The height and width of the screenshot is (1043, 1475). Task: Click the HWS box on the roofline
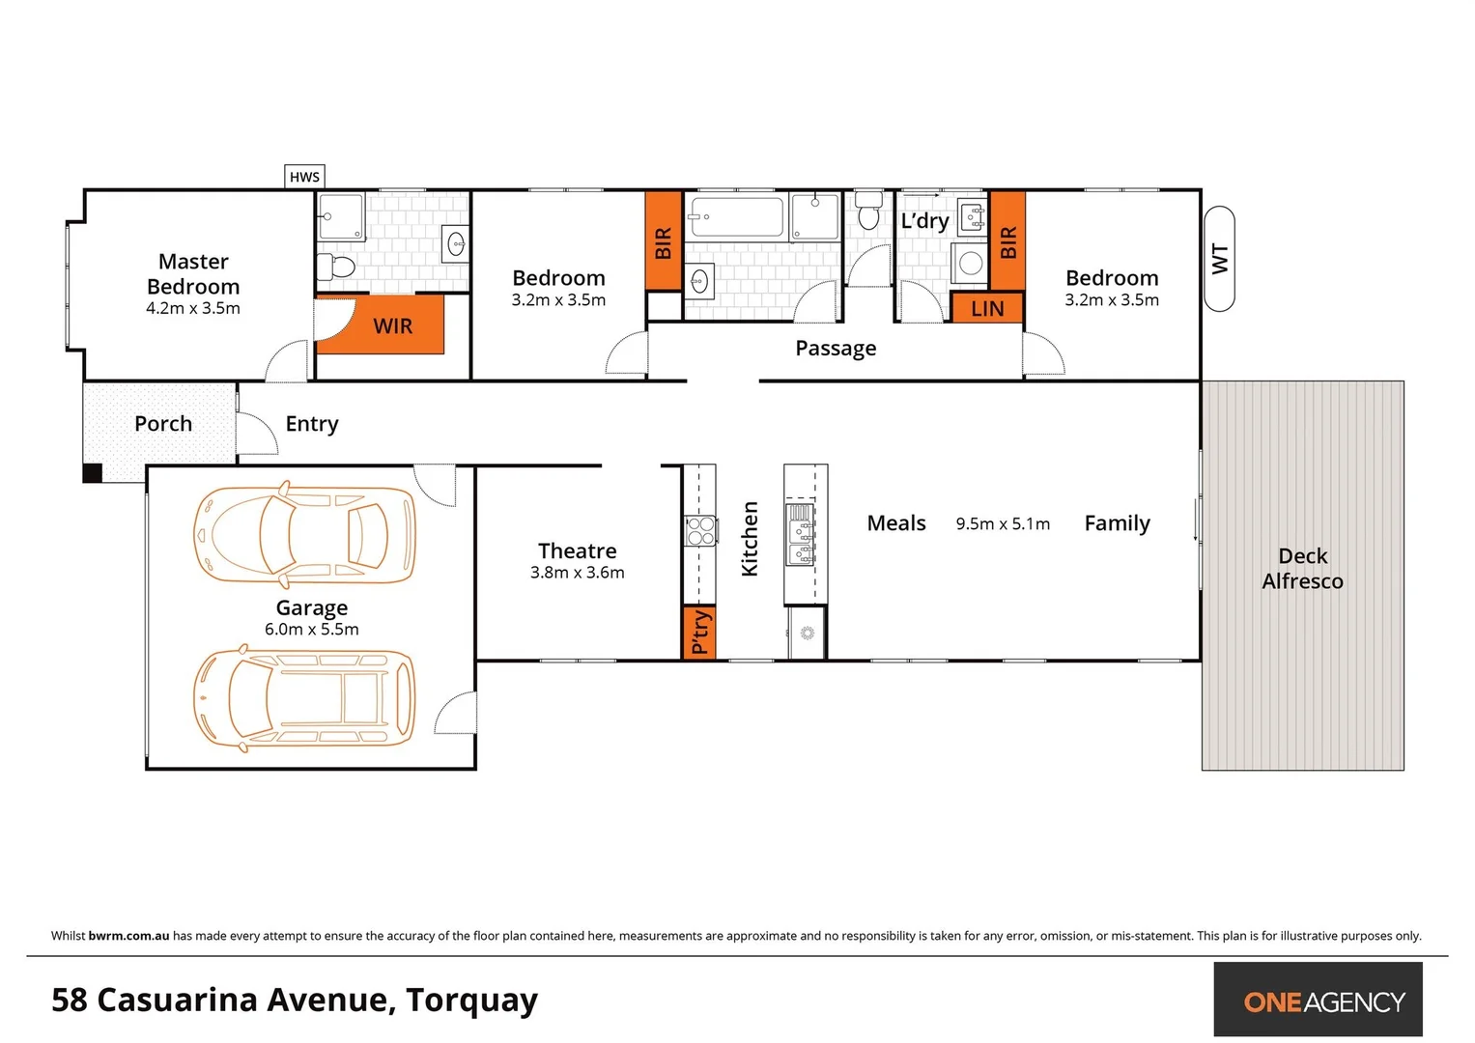tap(304, 177)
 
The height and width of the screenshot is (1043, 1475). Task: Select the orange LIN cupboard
tap(986, 308)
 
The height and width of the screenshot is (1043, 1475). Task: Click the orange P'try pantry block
tap(699, 632)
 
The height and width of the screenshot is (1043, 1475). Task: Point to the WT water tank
tap(1219, 259)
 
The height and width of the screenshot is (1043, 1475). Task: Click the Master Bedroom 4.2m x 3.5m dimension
tap(193, 309)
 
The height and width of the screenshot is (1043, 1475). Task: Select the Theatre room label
tap(577, 550)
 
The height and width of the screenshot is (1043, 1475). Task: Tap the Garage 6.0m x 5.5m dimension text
tap(311, 630)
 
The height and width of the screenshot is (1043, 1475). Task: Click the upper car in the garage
tap(304, 535)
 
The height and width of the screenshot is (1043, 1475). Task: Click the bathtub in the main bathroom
tap(736, 217)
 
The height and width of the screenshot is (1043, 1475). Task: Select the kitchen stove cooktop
tap(699, 530)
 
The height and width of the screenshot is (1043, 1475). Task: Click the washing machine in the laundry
tap(969, 263)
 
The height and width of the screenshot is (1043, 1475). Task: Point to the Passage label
tap(836, 348)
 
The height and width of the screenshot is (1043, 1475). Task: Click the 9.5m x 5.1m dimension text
tap(1003, 523)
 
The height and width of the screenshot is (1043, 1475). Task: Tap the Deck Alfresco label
tap(1302, 569)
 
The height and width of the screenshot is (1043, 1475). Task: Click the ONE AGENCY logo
tap(1323, 1001)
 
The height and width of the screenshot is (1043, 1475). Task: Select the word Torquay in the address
tap(471, 1001)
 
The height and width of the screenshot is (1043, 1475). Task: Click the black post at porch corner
tap(92, 472)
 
